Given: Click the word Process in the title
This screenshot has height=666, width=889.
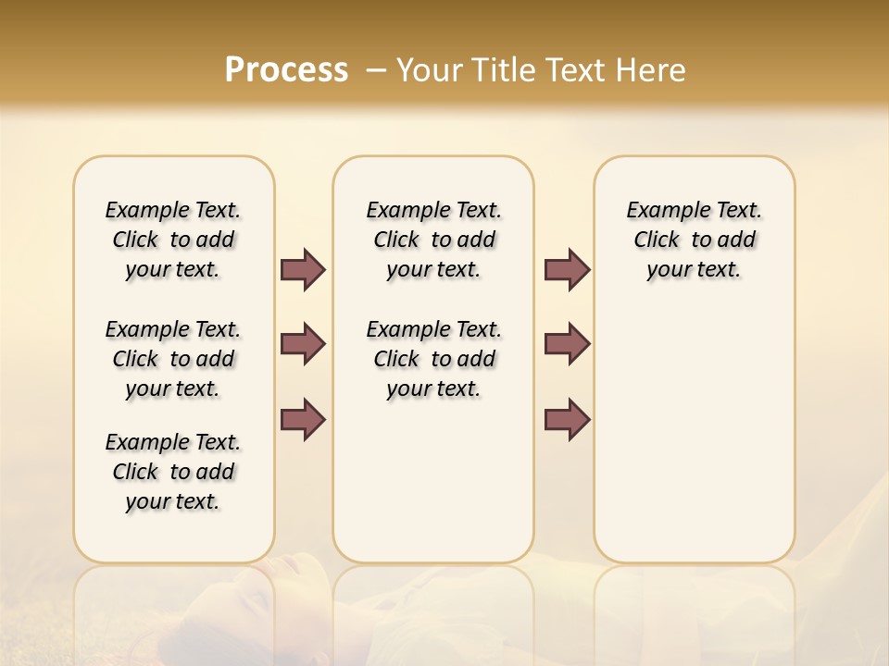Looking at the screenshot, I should click(x=286, y=70).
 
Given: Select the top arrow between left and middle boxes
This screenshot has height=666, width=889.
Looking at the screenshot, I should click(x=303, y=270).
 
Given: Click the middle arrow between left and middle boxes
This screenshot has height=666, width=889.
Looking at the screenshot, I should click(x=303, y=344).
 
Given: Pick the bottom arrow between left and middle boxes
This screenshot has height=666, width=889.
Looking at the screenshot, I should click(x=303, y=419).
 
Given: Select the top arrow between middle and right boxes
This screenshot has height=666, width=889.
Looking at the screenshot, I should click(x=567, y=270).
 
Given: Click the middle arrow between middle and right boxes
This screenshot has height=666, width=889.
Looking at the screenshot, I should click(x=567, y=344).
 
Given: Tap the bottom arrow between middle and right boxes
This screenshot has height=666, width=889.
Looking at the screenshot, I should click(x=567, y=419).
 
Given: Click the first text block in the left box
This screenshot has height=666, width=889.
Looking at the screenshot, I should click(x=173, y=240).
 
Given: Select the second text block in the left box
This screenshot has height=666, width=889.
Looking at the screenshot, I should click(x=173, y=359).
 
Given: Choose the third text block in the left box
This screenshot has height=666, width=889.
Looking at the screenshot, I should click(x=173, y=472).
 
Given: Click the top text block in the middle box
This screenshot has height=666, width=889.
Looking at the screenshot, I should click(x=433, y=240).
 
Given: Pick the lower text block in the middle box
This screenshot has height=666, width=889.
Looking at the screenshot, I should click(x=433, y=359).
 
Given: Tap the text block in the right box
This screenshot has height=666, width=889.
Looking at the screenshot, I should click(x=694, y=240).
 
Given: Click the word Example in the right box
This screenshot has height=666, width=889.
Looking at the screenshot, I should click(x=659, y=211).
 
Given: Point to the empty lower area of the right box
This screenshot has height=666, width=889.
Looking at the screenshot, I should click(x=694, y=444).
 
